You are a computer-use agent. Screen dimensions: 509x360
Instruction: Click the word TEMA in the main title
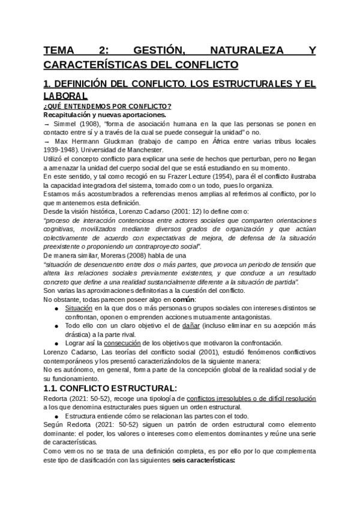61,52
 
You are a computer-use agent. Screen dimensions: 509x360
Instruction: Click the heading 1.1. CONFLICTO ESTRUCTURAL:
110,388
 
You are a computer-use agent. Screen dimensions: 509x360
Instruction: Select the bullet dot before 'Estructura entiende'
56,416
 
